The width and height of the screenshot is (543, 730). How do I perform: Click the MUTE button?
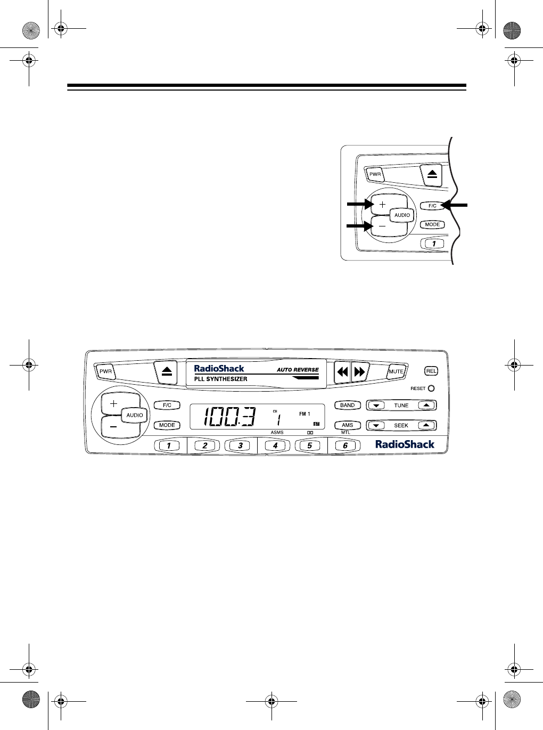point(396,371)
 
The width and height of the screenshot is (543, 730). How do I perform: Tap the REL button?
point(431,371)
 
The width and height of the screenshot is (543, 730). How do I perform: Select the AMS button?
point(347,425)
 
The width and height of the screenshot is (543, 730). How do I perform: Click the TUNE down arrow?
point(376,405)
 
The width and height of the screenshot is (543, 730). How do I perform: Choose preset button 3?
point(240,445)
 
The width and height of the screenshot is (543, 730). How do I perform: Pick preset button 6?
point(345,445)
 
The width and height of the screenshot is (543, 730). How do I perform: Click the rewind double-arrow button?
point(342,372)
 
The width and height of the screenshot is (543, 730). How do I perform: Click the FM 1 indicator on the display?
point(304,413)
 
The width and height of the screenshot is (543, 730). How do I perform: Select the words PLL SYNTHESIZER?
point(220,379)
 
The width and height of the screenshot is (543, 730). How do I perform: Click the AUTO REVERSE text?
point(297,369)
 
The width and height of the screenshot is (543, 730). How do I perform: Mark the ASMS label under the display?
point(277,433)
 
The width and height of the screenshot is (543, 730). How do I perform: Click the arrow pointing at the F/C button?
point(456,205)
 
